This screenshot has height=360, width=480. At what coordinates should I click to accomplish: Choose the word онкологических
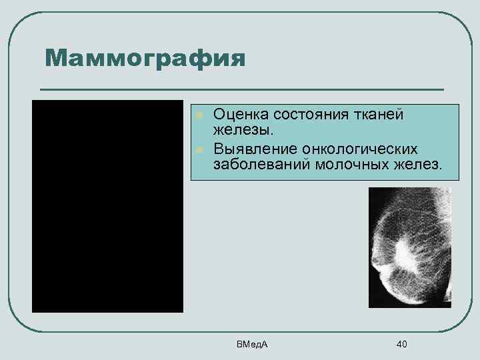[x=363, y=147]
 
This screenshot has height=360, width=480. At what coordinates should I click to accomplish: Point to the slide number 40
[x=401, y=344]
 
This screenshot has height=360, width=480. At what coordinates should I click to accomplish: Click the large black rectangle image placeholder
[x=107, y=206]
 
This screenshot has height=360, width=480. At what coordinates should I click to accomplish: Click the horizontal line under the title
[x=241, y=89]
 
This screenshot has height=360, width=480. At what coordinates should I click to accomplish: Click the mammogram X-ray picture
[x=409, y=247]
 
